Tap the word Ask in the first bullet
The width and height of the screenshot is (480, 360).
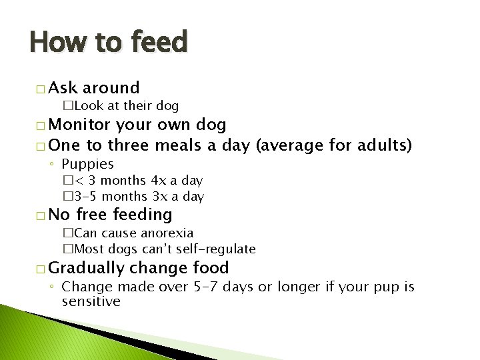tap(63, 87)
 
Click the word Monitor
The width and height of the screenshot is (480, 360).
tap(79, 125)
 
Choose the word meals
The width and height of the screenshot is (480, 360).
tap(181, 145)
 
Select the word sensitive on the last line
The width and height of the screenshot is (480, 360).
tap(91, 301)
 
